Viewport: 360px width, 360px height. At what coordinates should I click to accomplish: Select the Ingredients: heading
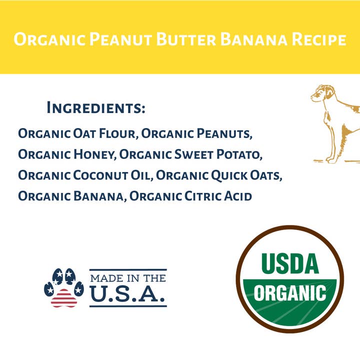pos(95,107)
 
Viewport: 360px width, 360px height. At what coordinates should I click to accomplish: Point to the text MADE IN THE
pos(127,278)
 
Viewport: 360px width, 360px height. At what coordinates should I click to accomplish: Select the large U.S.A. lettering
pos(127,295)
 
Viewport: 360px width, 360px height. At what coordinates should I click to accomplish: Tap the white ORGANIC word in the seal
pos(289,292)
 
